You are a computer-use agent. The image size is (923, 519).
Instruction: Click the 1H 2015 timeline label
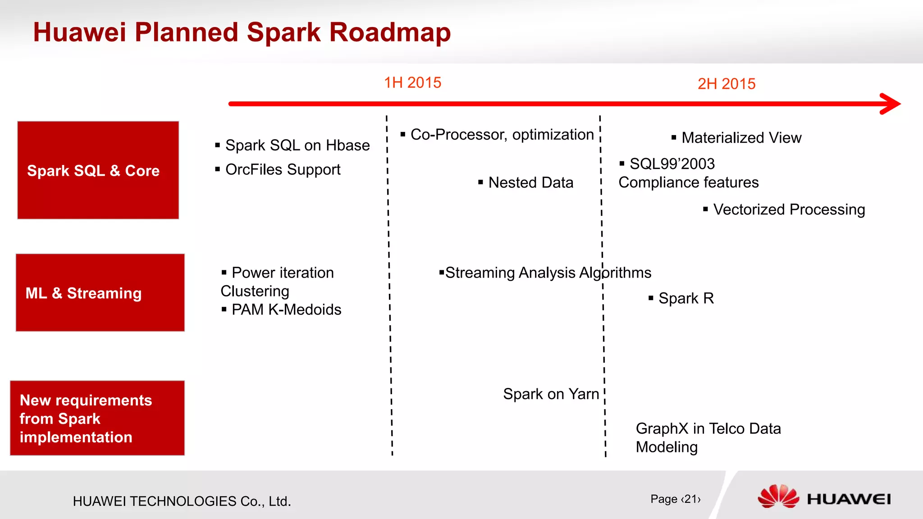[x=412, y=83]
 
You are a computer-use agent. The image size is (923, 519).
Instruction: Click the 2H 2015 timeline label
[x=726, y=84]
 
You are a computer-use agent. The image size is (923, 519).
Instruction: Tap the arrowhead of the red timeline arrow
[x=890, y=104]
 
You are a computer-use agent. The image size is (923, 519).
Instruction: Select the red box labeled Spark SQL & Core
[x=98, y=170]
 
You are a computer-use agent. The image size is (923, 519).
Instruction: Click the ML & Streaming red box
[x=100, y=293]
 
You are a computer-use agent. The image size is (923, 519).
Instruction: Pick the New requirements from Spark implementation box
[x=97, y=418]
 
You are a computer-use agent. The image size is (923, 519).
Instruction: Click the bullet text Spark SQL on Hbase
[x=297, y=145]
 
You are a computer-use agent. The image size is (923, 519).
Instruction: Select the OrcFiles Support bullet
[x=283, y=169]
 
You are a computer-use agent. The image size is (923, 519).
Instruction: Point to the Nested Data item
[x=530, y=182]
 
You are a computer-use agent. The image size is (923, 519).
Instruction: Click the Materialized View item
[x=741, y=137]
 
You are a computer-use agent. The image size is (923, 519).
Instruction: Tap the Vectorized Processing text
[x=789, y=209]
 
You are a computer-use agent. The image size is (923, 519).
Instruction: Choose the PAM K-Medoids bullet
[x=286, y=310]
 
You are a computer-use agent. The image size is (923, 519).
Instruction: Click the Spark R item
[x=686, y=298]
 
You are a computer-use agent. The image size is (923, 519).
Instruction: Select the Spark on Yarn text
[x=551, y=394]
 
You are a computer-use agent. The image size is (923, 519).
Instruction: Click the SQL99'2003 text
[x=672, y=164]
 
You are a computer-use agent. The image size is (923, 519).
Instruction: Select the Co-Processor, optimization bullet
[x=502, y=134]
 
